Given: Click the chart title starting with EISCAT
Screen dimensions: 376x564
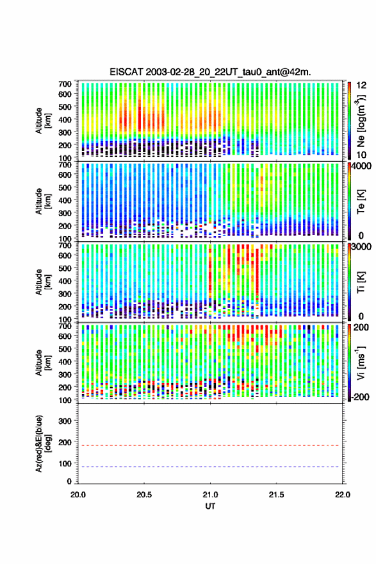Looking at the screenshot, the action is coord(211,72).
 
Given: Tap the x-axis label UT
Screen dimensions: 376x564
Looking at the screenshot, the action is coord(210,506).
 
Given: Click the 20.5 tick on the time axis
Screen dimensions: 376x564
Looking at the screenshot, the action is coord(144,495).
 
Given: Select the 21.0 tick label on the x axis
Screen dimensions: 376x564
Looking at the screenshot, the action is coord(210,495).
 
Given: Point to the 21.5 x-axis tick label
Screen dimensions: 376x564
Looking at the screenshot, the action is coord(276,495).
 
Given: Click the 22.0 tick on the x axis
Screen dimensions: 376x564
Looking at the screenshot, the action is coord(343,495).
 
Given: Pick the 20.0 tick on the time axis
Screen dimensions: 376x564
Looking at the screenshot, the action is coord(78,495).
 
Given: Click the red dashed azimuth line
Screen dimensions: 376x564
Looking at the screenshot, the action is coord(210,445).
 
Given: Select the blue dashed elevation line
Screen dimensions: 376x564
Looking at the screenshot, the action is coord(210,466).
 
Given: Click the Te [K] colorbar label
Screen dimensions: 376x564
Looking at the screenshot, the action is coord(361,201).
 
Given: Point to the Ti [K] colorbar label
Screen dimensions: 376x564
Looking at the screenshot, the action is coord(361,282).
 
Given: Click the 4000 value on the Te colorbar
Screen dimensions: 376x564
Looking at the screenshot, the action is coord(362,166).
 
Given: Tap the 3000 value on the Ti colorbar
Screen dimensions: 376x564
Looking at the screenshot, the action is coord(362,246).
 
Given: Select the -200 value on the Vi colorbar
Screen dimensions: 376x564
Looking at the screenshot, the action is coord(359,397).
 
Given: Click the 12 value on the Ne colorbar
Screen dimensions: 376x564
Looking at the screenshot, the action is coord(362,85).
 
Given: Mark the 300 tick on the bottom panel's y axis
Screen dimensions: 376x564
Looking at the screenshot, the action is coord(65,421).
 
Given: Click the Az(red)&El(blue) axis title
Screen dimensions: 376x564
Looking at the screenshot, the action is coord(43,443).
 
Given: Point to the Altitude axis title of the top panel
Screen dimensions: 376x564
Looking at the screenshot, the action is coord(43,121).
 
